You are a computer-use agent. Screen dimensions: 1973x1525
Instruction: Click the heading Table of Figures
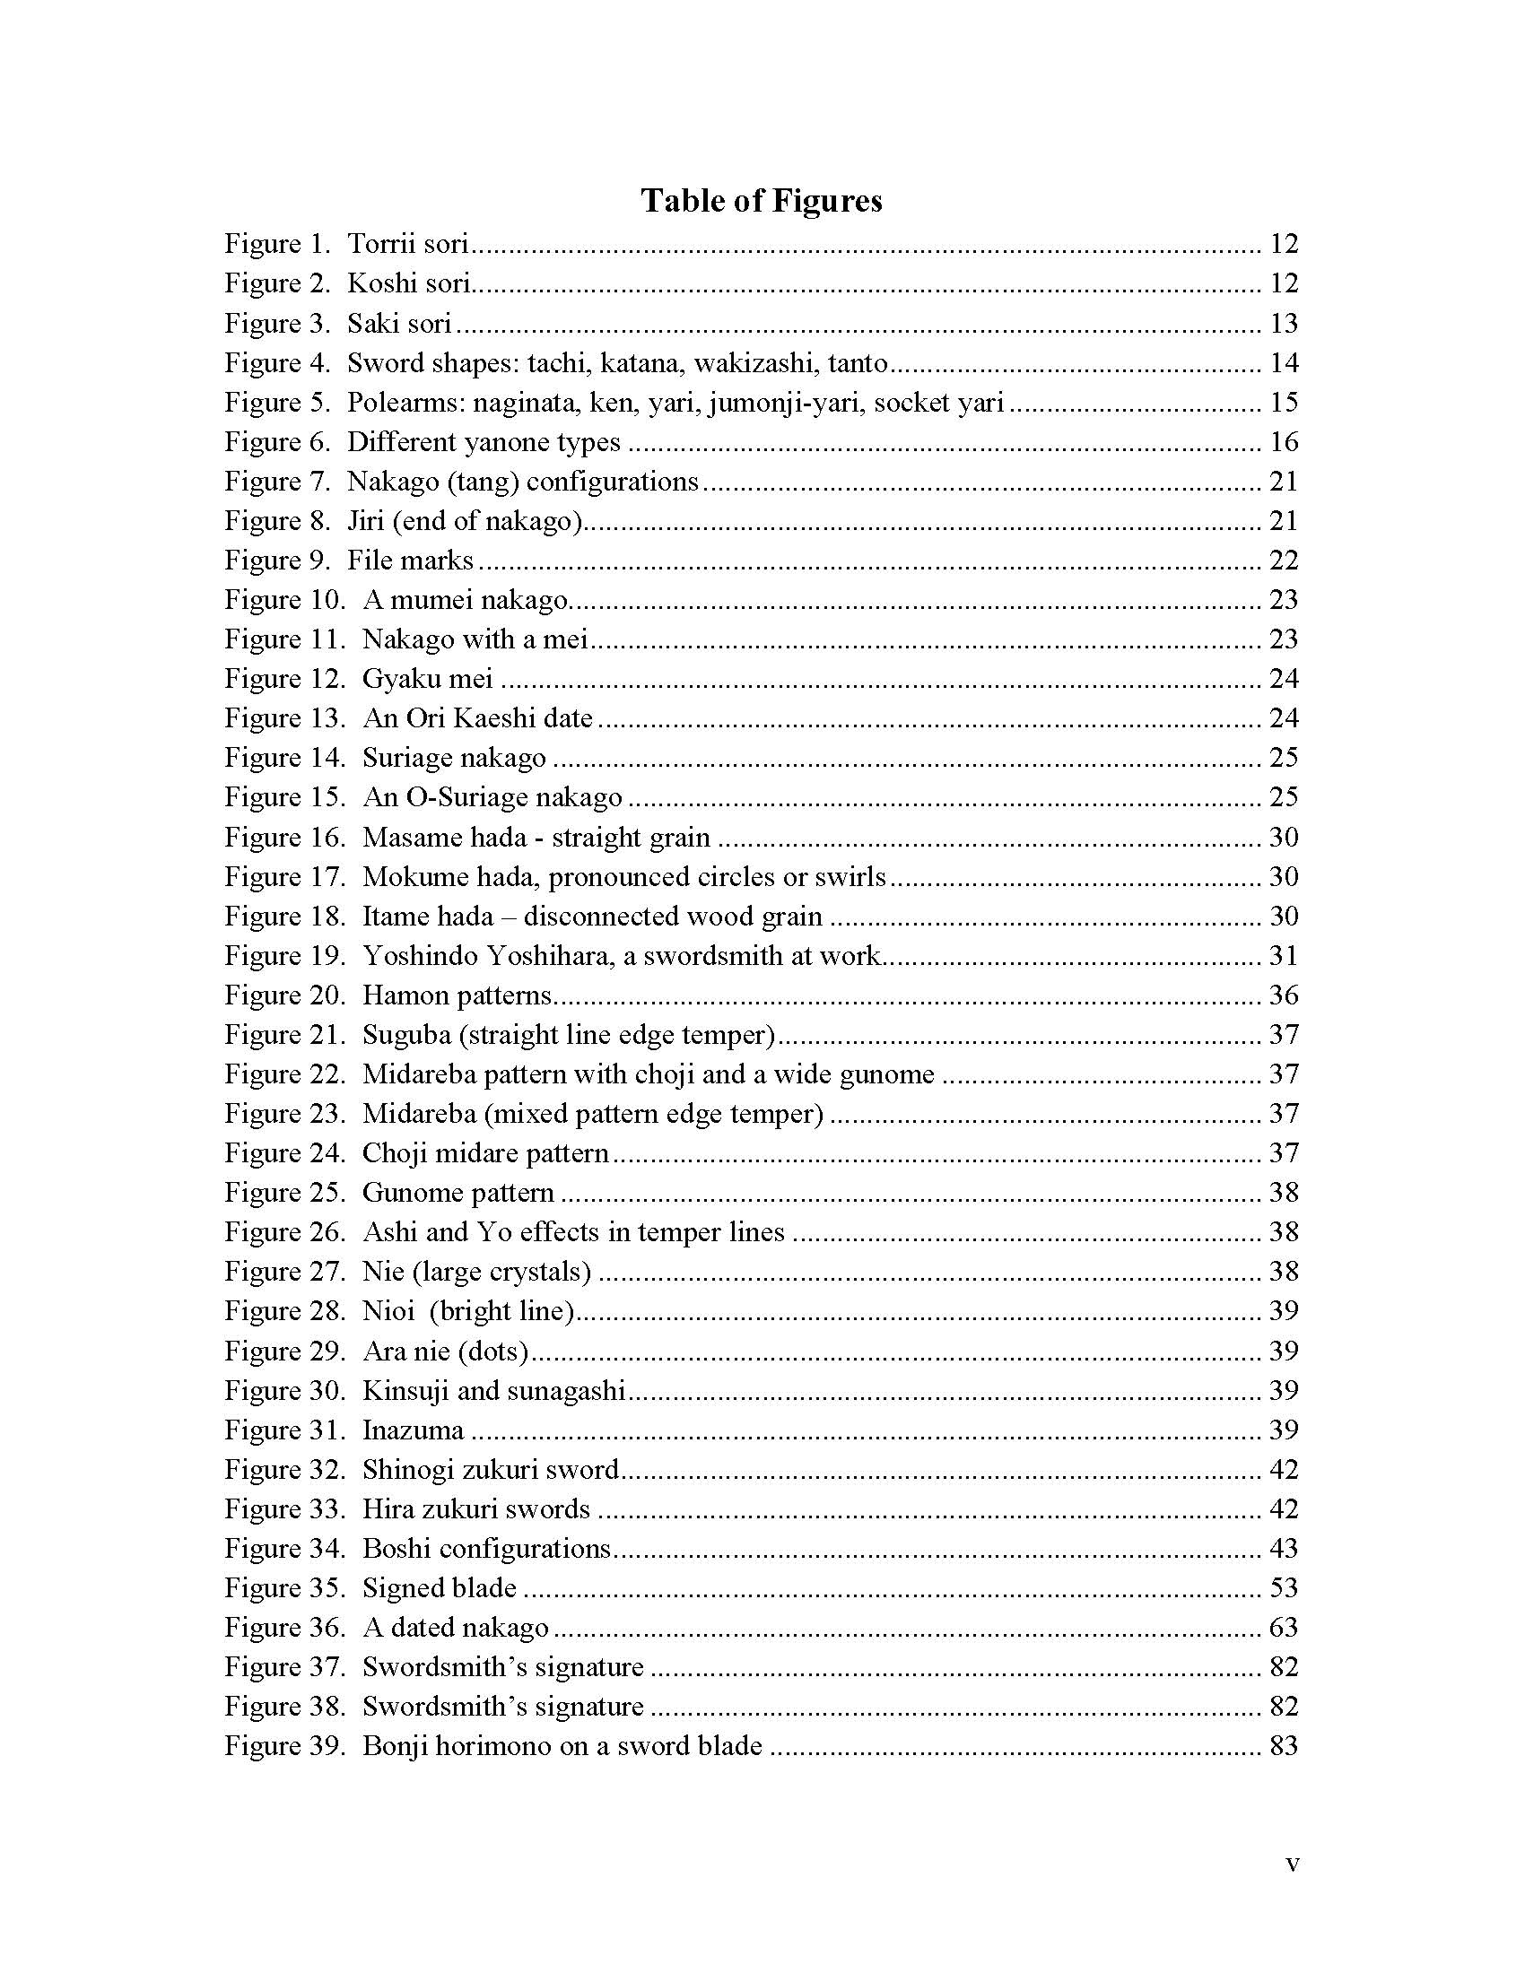click(x=761, y=201)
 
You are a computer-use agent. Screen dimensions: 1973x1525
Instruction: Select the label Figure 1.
click(x=278, y=244)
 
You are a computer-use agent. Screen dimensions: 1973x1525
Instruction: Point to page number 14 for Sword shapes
click(x=1284, y=363)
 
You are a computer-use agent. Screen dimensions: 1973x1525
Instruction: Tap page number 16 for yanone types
click(x=1284, y=442)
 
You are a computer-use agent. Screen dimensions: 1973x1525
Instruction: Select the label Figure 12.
click(x=285, y=680)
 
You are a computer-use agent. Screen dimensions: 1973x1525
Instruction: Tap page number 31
click(x=1284, y=956)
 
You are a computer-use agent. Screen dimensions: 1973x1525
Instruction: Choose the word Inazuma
click(x=414, y=1431)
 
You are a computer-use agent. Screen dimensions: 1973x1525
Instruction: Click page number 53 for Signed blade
click(x=1284, y=1589)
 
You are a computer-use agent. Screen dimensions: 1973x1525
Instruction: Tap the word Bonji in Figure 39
click(x=395, y=1747)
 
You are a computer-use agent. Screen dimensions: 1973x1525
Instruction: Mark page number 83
click(x=1284, y=1747)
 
